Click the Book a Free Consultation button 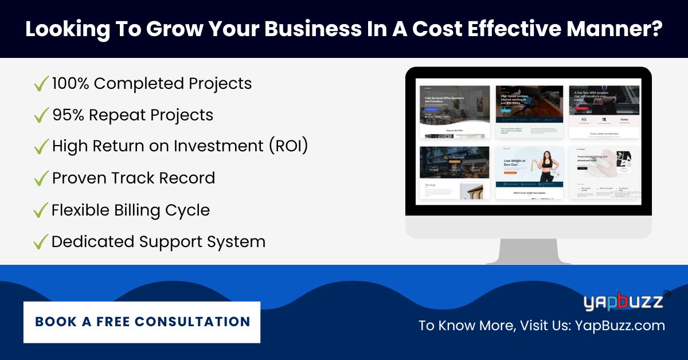[x=142, y=322]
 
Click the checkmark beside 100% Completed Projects [x=41, y=85]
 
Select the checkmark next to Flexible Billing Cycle [x=41, y=211]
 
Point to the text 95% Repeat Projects [x=132, y=115]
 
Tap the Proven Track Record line [x=133, y=178]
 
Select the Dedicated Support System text [x=158, y=241]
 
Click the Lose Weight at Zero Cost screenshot [x=529, y=172]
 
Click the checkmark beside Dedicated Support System [x=41, y=242]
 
